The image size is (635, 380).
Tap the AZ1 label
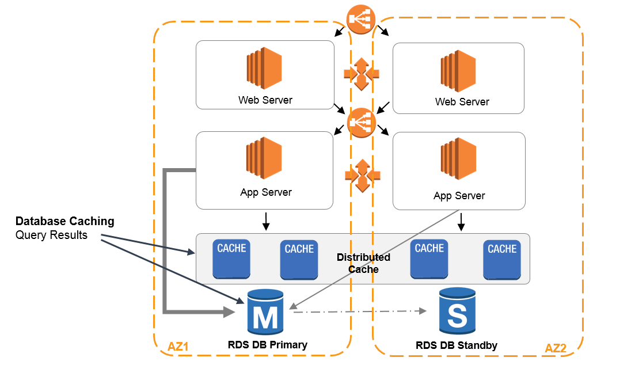coord(178,347)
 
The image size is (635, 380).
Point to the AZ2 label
coord(556,348)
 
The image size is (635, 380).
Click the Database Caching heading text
coord(64,221)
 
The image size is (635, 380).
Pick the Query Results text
coord(51,235)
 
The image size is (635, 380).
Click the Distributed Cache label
coord(363,263)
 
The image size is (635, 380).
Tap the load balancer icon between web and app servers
coord(362,123)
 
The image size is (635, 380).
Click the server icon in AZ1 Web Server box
coord(264,69)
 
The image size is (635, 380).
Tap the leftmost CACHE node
coord(231,259)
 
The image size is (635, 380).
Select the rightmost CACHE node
coord(502,260)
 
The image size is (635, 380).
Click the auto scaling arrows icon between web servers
coord(361,74)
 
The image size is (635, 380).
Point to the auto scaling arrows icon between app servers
coord(362,175)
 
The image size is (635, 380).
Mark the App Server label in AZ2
coord(459,196)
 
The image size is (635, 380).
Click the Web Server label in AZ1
coord(265,100)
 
